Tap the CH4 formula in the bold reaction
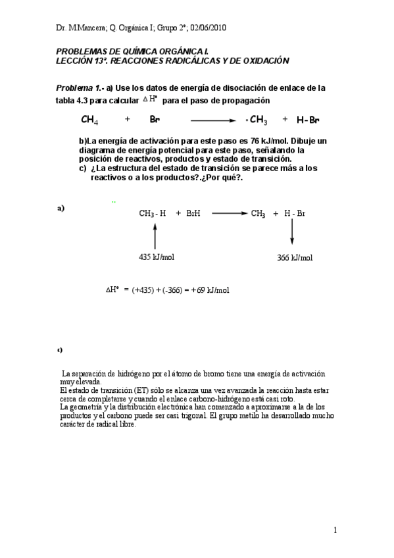90,120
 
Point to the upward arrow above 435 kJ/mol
155,235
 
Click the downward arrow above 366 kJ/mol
292,234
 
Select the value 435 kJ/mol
157,257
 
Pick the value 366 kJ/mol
295,258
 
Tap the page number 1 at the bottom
335,530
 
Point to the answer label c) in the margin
60,349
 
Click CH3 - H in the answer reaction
153,213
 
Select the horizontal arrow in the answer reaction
228,213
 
